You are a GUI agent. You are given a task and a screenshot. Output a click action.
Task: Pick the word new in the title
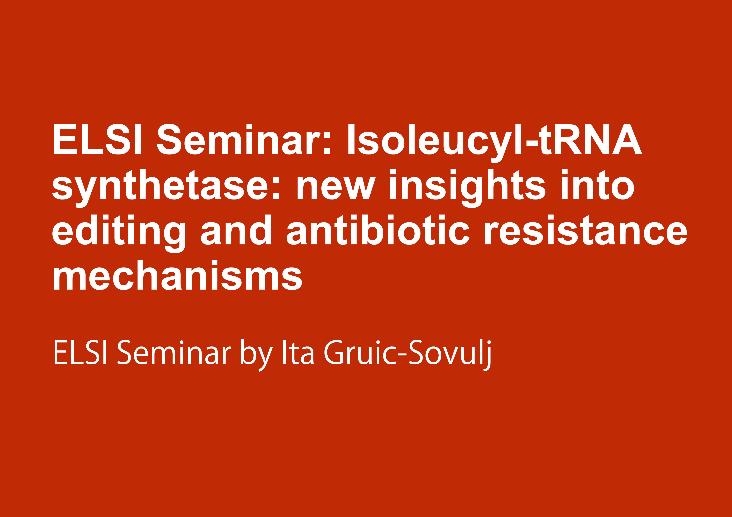pos(336,188)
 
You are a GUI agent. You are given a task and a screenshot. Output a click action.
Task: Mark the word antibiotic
pos(378,230)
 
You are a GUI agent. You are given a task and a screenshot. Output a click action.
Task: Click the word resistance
pos(586,230)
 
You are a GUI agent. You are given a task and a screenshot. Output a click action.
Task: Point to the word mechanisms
pos(178,275)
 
